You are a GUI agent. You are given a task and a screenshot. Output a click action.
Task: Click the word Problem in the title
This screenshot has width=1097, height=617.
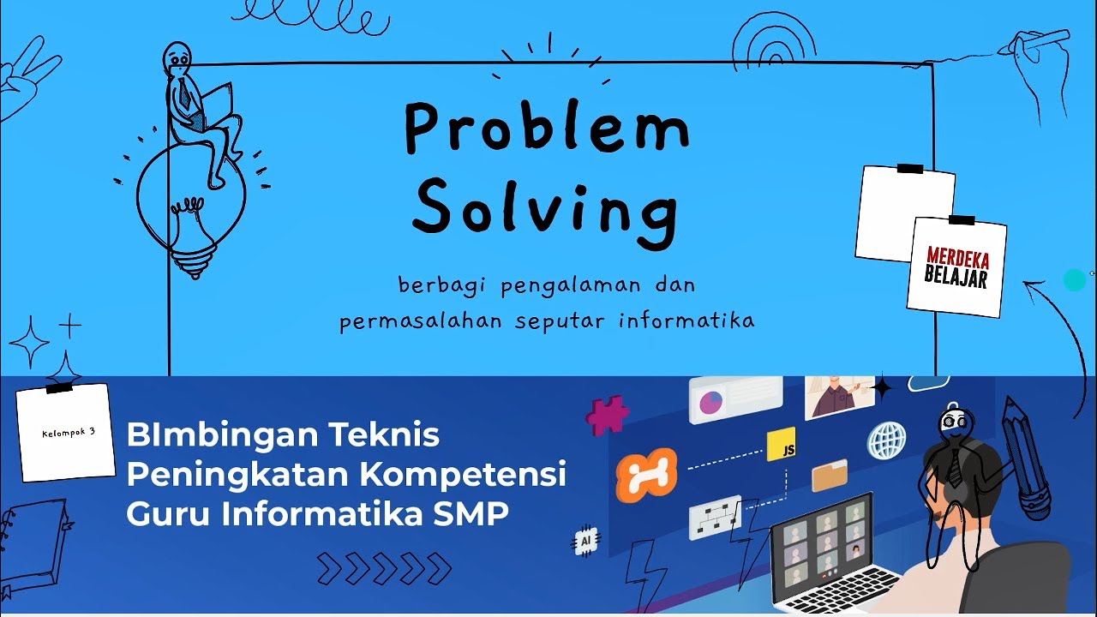point(547,129)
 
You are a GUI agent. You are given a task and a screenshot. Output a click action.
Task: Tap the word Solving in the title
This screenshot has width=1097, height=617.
point(546,207)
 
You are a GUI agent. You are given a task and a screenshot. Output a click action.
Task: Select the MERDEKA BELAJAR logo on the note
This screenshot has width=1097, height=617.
point(956,267)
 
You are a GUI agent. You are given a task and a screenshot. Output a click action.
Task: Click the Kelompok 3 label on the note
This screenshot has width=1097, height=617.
point(68,433)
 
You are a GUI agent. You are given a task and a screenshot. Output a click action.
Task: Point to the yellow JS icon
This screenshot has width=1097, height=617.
point(782,445)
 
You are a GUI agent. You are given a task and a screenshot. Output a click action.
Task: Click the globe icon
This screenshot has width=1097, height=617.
point(886,440)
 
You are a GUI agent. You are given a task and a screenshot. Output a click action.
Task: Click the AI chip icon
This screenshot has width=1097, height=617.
point(586,542)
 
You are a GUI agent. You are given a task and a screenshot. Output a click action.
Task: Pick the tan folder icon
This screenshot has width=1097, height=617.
point(829,475)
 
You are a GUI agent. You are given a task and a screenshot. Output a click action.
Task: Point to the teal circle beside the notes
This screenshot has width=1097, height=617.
point(1074,280)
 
